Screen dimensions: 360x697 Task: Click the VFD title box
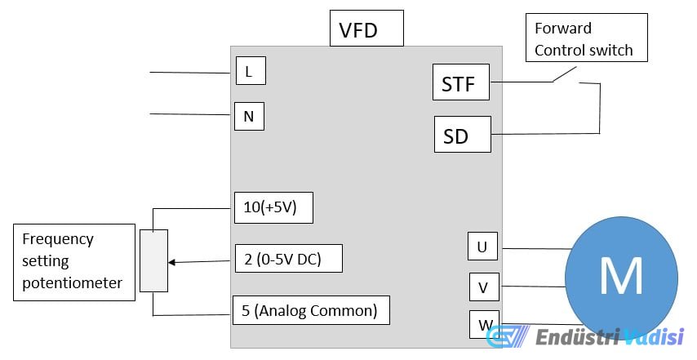[x=366, y=29]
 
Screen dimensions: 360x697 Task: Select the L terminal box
[x=250, y=71]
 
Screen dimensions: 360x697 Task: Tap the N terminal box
[x=249, y=116]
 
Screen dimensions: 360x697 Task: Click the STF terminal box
[x=460, y=82]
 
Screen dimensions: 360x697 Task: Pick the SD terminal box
[x=462, y=135]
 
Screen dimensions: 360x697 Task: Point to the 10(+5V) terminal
[x=273, y=207]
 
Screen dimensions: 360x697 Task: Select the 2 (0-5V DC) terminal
[x=287, y=259]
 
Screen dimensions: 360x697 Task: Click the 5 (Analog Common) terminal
[x=311, y=310]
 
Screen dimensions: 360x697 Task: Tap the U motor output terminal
[x=482, y=246]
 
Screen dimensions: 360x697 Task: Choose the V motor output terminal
[x=484, y=287]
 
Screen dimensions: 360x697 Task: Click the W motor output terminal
[x=484, y=324]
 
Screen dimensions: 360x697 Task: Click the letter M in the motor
[x=621, y=276]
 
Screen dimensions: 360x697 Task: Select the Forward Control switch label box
[x=585, y=38]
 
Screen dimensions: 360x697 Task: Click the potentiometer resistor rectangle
[x=153, y=260]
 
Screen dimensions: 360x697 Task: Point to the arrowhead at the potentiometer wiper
[x=172, y=262]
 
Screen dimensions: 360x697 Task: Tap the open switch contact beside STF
[x=564, y=75]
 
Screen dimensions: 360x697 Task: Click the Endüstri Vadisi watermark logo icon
[x=507, y=337]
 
